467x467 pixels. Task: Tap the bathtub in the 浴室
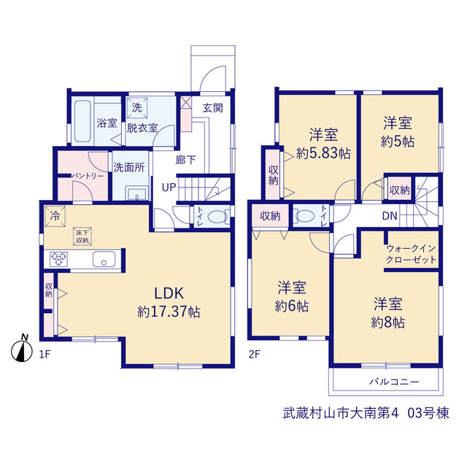(x=82, y=122)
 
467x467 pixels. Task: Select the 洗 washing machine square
(x=137, y=107)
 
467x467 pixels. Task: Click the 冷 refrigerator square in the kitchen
(x=55, y=216)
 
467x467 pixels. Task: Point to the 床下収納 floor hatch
(x=82, y=236)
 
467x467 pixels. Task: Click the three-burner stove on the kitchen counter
(x=58, y=259)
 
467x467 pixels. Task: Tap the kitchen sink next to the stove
(x=104, y=259)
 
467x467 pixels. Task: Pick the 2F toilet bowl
(x=304, y=216)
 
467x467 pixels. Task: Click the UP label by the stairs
(x=169, y=188)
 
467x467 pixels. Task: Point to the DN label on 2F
(x=390, y=216)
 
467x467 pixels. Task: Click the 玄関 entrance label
(x=213, y=108)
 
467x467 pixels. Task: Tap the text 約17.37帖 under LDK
(x=169, y=312)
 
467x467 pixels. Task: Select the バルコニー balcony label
(x=394, y=382)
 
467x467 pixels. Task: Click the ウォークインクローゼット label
(x=411, y=254)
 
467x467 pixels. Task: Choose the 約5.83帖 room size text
(x=323, y=153)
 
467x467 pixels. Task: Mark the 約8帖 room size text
(x=387, y=323)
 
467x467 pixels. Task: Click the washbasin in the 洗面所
(x=137, y=193)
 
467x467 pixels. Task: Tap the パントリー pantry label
(x=88, y=176)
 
